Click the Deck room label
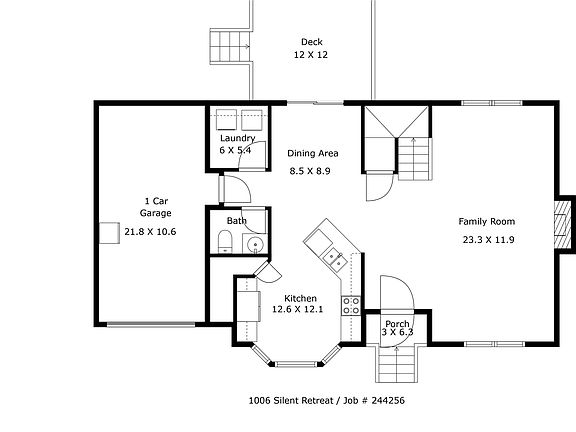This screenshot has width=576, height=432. (x=312, y=42)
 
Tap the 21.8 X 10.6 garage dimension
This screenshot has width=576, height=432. (x=150, y=232)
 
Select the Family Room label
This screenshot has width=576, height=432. (x=487, y=222)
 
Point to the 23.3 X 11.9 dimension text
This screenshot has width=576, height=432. (x=488, y=240)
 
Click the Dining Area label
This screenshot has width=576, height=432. (x=313, y=153)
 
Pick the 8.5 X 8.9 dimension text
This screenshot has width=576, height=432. (x=310, y=171)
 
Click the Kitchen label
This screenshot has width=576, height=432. (x=300, y=298)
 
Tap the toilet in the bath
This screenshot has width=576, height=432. (x=225, y=241)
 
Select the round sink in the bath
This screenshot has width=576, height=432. (x=254, y=244)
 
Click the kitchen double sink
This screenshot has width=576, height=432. (x=335, y=259)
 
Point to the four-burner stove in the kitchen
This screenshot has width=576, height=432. (x=351, y=306)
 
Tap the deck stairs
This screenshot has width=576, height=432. (x=230, y=47)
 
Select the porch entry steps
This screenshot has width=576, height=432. (x=397, y=364)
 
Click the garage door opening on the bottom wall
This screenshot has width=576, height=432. (x=151, y=324)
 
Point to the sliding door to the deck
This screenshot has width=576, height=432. (x=315, y=103)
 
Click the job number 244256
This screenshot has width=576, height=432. (x=388, y=400)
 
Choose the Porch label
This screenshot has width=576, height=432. (x=397, y=324)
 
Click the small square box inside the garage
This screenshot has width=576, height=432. (x=109, y=233)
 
